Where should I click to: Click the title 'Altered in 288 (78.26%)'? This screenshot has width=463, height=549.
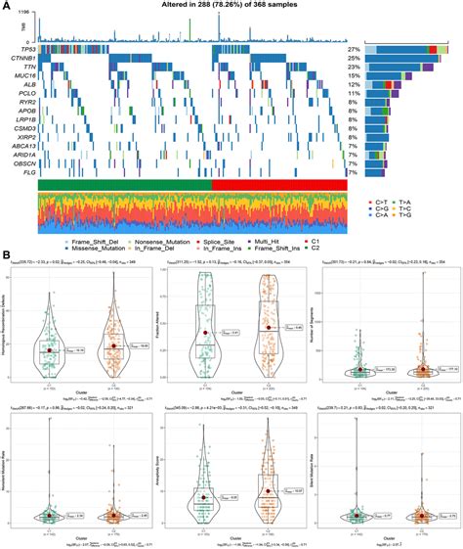(x=231, y=7)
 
